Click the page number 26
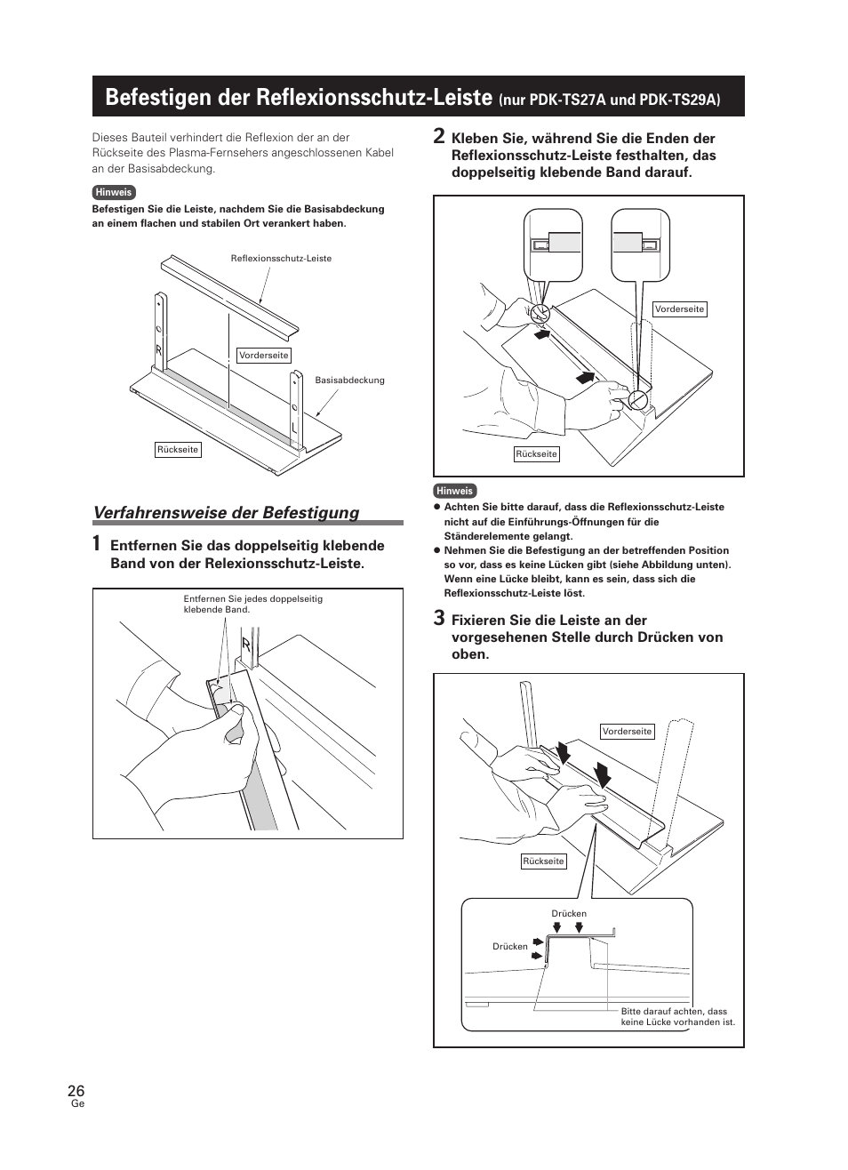click(76, 1091)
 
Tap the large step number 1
click(96, 544)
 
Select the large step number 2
click(438, 136)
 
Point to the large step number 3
click(438, 618)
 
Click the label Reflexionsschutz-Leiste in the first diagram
click(281, 259)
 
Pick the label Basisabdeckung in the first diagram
click(349, 381)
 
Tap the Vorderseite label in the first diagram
click(264, 356)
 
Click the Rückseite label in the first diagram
click(178, 450)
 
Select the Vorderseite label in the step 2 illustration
click(679, 309)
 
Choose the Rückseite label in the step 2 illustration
click(536, 454)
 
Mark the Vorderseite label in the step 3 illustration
click(627, 732)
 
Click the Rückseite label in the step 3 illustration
click(543, 861)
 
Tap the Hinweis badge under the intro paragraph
click(114, 192)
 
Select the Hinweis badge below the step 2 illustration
click(455, 491)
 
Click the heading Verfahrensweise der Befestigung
click(226, 512)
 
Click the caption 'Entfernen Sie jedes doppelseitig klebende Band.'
click(252, 604)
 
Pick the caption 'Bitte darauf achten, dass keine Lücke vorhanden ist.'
click(677, 1016)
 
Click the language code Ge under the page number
click(76, 1104)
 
